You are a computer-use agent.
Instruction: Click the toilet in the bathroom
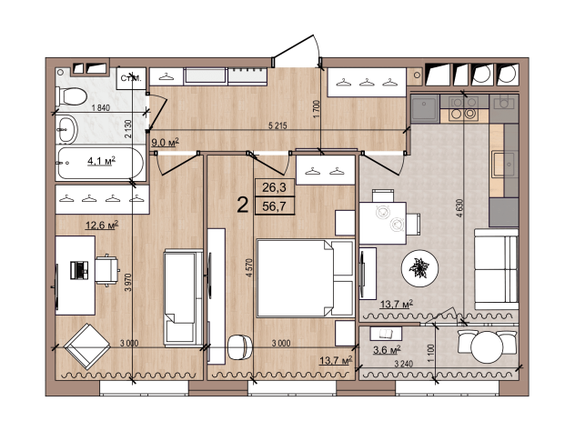coord(71,97)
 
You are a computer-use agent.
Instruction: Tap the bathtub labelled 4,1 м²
coord(100,163)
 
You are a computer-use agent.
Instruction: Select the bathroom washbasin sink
coord(66,129)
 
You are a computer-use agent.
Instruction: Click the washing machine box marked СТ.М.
coord(131,78)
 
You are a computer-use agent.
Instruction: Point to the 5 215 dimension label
coord(277,126)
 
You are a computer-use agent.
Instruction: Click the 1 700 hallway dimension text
coord(317,109)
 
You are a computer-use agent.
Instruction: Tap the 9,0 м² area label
coord(165,142)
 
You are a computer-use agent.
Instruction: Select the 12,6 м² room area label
coord(102,225)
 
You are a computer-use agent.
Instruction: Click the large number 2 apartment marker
coord(243,205)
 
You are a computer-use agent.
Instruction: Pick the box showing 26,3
coord(274,187)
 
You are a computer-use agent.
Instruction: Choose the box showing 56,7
coord(274,206)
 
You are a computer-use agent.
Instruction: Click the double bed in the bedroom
coord(305,278)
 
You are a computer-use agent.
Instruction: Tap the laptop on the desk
coord(79,270)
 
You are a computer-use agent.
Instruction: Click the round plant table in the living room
coord(419,268)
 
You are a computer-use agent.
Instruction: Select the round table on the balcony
coord(487,347)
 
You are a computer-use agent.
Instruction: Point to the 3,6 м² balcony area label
coord(387,350)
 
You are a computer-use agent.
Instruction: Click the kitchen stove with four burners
coord(464,108)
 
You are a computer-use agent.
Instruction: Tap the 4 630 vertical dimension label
coord(459,208)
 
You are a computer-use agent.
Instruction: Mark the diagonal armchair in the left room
coord(87,346)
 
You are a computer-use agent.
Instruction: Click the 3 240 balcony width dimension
coord(403,364)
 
